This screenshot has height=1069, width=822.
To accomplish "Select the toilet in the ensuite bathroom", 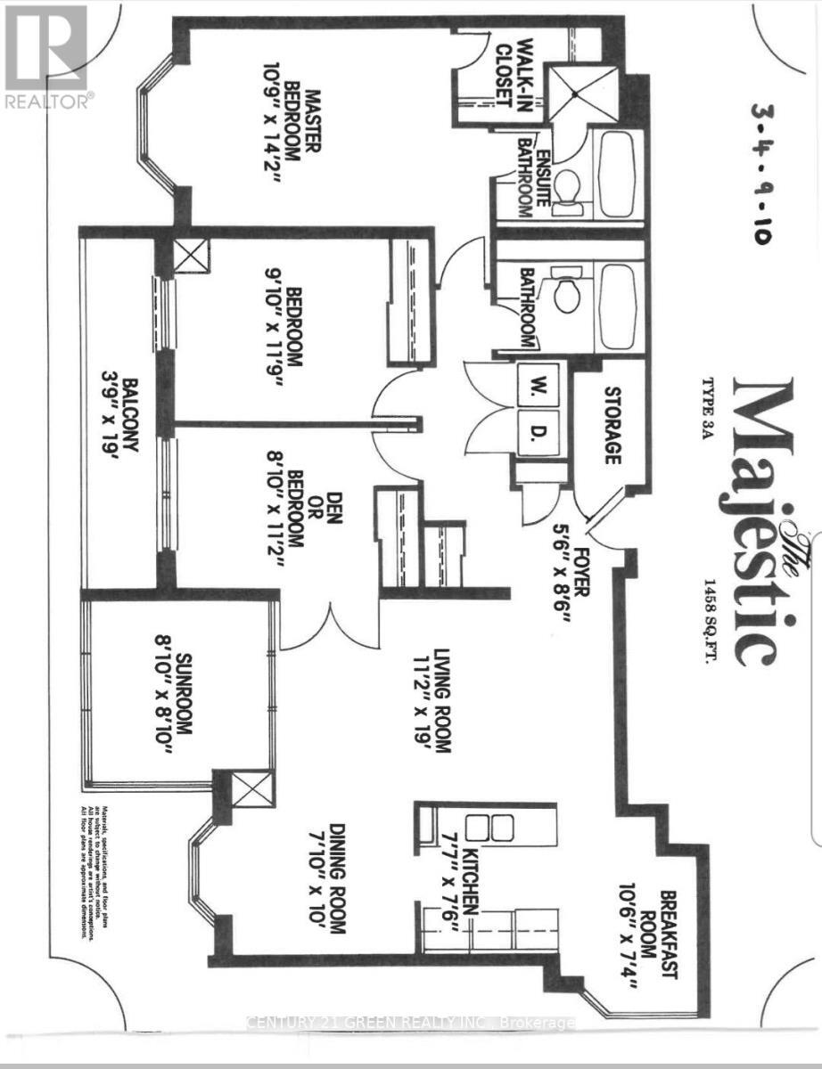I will click(567, 189).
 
